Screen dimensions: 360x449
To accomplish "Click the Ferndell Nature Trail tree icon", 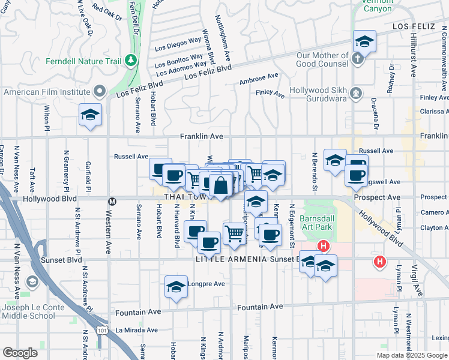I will coord(130,61).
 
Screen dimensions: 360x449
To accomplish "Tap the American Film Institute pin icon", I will coord(100,92).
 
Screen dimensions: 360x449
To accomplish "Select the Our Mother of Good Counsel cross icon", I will coord(357,59).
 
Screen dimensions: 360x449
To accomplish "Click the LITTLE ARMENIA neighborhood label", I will coord(230,259).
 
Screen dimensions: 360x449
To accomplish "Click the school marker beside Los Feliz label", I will coord(364,41).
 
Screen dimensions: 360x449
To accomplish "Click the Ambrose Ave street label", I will coord(259,79).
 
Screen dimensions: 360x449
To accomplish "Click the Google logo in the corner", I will coord(20,353).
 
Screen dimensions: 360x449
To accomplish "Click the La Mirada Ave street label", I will coord(136,329).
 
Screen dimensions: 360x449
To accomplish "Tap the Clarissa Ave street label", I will coord(434,112).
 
